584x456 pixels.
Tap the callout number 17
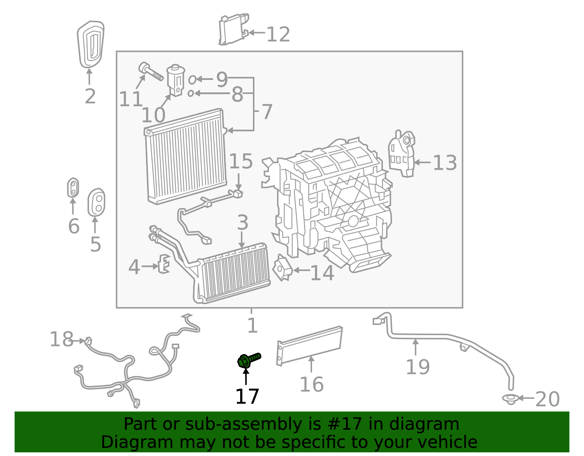(x=247, y=397)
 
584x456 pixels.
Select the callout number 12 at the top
(x=278, y=35)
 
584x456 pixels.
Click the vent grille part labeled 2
(x=91, y=45)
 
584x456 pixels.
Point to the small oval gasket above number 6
(x=73, y=188)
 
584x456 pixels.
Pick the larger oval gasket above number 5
(x=96, y=203)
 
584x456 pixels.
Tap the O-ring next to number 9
(x=192, y=79)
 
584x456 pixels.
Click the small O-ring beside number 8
(x=191, y=93)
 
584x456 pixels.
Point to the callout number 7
(x=267, y=112)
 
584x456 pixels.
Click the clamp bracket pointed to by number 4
(x=164, y=264)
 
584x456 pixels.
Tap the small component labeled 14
(x=283, y=268)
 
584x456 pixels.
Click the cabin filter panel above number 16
(x=310, y=345)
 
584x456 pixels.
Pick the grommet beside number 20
(x=510, y=399)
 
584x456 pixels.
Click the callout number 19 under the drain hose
(x=418, y=367)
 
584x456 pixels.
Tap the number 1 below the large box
(x=252, y=326)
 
